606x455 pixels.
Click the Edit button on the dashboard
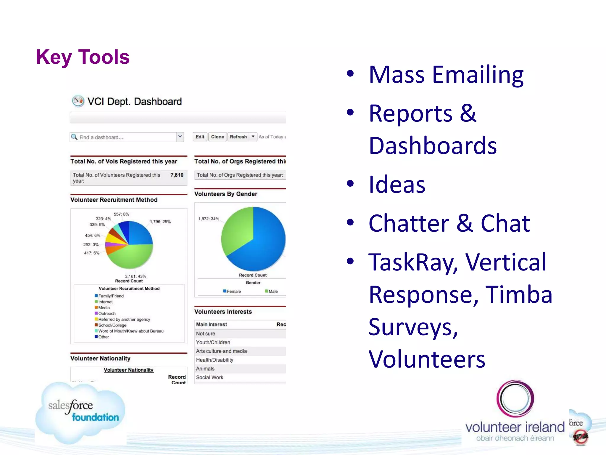pyautogui.click(x=200, y=137)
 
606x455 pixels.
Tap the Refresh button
pyautogui.click(x=238, y=137)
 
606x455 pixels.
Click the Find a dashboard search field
pyautogui.click(x=124, y=137)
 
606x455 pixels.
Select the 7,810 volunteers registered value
pyautogui.click(x=177, y=175)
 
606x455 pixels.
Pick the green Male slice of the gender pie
pyautogui.click(x=237, y=231)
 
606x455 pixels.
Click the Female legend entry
pyautogui.click(x=232, y=291)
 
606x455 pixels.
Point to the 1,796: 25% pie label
pyautogui.click(x=160, y=222)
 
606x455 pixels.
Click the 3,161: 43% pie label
pyautogui.click(x=136, y=276)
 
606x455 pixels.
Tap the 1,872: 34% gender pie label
pyautogui.click(x=209, y=219)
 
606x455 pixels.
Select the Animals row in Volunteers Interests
pyautogui.click(x=205, y=369)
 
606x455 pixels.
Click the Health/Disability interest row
pyautogui.click(x=215, y=360)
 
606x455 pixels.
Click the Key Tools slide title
pyautogui.click(x=83, y=57)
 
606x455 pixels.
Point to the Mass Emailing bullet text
pyautogui.click(x=446, y=75)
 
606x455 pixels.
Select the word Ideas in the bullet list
pyautogui.click(x=397, y=185)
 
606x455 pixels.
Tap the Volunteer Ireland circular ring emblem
pyautogui.click(x=515, y=398)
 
